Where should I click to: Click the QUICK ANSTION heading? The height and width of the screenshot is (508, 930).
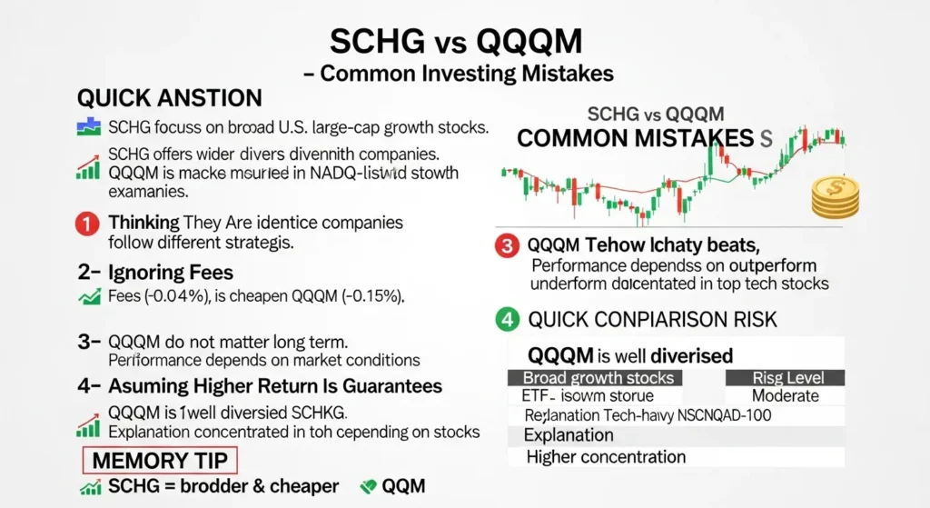pyautogui.click(x=170, y=98)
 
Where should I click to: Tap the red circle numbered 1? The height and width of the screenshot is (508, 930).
pyautogui.click(x=87, y=224)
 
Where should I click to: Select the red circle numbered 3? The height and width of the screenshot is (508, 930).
pyautogui.click(x=506, y=245)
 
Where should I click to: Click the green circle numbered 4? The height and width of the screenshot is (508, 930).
pyautogui.click(x=506, y=320)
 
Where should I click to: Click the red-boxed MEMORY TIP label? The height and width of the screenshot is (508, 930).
pyautogui.click(x=159, y=459)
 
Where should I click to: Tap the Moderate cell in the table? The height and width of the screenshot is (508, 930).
pyautogui.click(x=785, y=396)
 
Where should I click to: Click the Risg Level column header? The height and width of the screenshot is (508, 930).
pyautogui.click(x=785, y=377)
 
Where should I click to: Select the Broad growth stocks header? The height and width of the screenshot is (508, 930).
pyautogui.click(x=599, y=377)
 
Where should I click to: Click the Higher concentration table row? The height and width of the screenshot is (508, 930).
pyautogui.click(x=606, y=456)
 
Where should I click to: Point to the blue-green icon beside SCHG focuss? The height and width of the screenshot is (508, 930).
pyautogui.click(x=88, y=126)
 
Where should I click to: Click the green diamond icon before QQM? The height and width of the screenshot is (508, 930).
pyautogui.click(x=369, y=487)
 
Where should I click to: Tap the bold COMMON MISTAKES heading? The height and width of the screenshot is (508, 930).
pyautogui.click(x=636, y=139)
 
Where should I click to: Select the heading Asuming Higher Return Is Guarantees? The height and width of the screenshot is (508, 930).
pyautogui.click(x=259, y=385)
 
